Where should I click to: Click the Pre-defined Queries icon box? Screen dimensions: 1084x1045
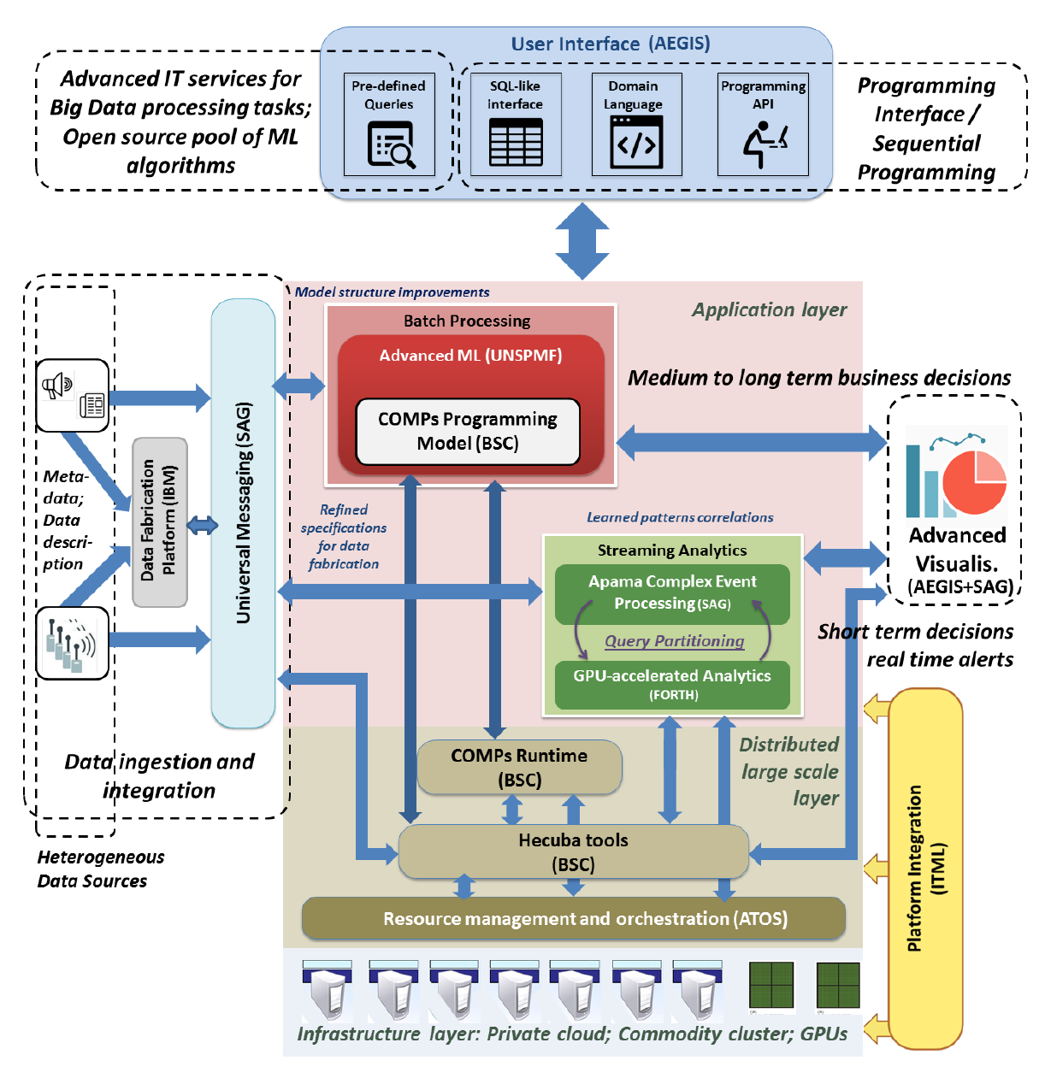tap(389, 125)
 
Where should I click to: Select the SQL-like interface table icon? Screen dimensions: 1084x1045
tap(516, 141)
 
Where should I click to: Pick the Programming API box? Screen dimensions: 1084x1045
tap(763, 125)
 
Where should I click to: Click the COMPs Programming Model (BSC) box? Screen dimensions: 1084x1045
tap(468, 432)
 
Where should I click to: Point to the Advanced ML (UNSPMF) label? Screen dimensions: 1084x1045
tap(470, 356)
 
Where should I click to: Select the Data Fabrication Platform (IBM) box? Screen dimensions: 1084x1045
tap(160, 521)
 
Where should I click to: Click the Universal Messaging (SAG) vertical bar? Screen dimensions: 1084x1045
tap(244, 513)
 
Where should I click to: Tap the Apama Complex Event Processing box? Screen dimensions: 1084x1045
tap(672, 592)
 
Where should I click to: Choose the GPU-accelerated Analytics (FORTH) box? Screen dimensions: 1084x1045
tap(672, 685)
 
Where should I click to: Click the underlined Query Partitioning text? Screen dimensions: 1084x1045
tap(675, 641)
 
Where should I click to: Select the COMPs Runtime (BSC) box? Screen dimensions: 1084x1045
tap(519, 767)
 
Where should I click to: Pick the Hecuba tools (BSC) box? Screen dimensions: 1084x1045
tap(573, 851)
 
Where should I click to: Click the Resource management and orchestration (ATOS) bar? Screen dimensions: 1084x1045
tap(574, 919)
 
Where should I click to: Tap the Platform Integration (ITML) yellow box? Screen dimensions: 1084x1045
tap(926, 868)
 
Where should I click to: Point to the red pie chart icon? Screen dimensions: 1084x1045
tap(975, 482)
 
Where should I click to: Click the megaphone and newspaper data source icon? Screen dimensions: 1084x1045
tap(73, 395)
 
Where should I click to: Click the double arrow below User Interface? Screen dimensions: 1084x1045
tap(582, 240)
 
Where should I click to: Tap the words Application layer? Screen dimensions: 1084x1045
tap(769, 309)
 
